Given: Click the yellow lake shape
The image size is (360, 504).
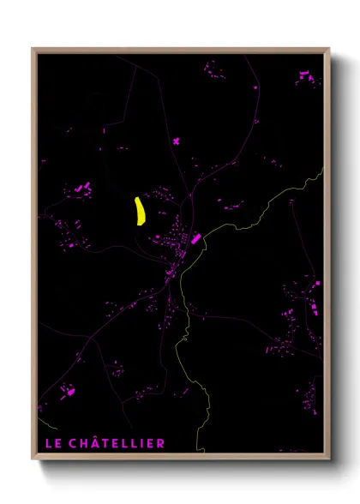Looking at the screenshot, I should click(x=140, y=211).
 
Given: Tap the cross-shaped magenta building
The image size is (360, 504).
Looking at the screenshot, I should click(x=175, y=140).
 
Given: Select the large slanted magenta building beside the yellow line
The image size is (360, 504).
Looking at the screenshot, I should click(x=195, y=239).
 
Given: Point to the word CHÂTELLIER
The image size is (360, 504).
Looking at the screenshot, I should click(x=116, y=442).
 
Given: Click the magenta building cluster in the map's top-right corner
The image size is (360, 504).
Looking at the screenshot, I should click(x=306, y=79).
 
